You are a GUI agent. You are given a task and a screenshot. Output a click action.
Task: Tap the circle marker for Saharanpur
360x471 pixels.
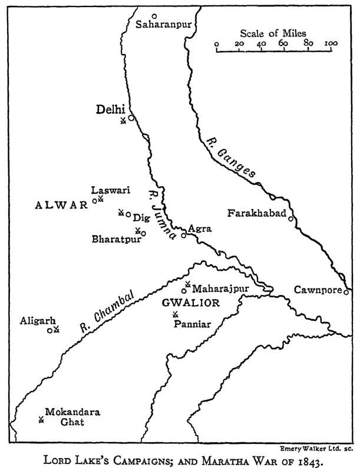click(x=154, y=16)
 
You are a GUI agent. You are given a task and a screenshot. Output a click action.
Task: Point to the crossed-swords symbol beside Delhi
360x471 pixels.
click(x=123, y=121)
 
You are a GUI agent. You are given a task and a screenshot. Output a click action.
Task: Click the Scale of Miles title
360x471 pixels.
click(x=273, y=33)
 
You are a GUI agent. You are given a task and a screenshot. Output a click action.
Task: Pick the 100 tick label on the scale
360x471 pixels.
click(x=330, y=44)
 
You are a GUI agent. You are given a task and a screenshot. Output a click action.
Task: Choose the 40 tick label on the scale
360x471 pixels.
click(x=262, y=44)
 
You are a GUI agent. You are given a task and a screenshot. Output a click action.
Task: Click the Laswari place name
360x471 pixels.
click(x=110, y=190)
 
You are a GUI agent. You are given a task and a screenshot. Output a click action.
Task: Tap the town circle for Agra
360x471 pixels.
click(x=183, y=235)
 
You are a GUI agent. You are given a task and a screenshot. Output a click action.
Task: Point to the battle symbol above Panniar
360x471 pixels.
click(x=175, y=314)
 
